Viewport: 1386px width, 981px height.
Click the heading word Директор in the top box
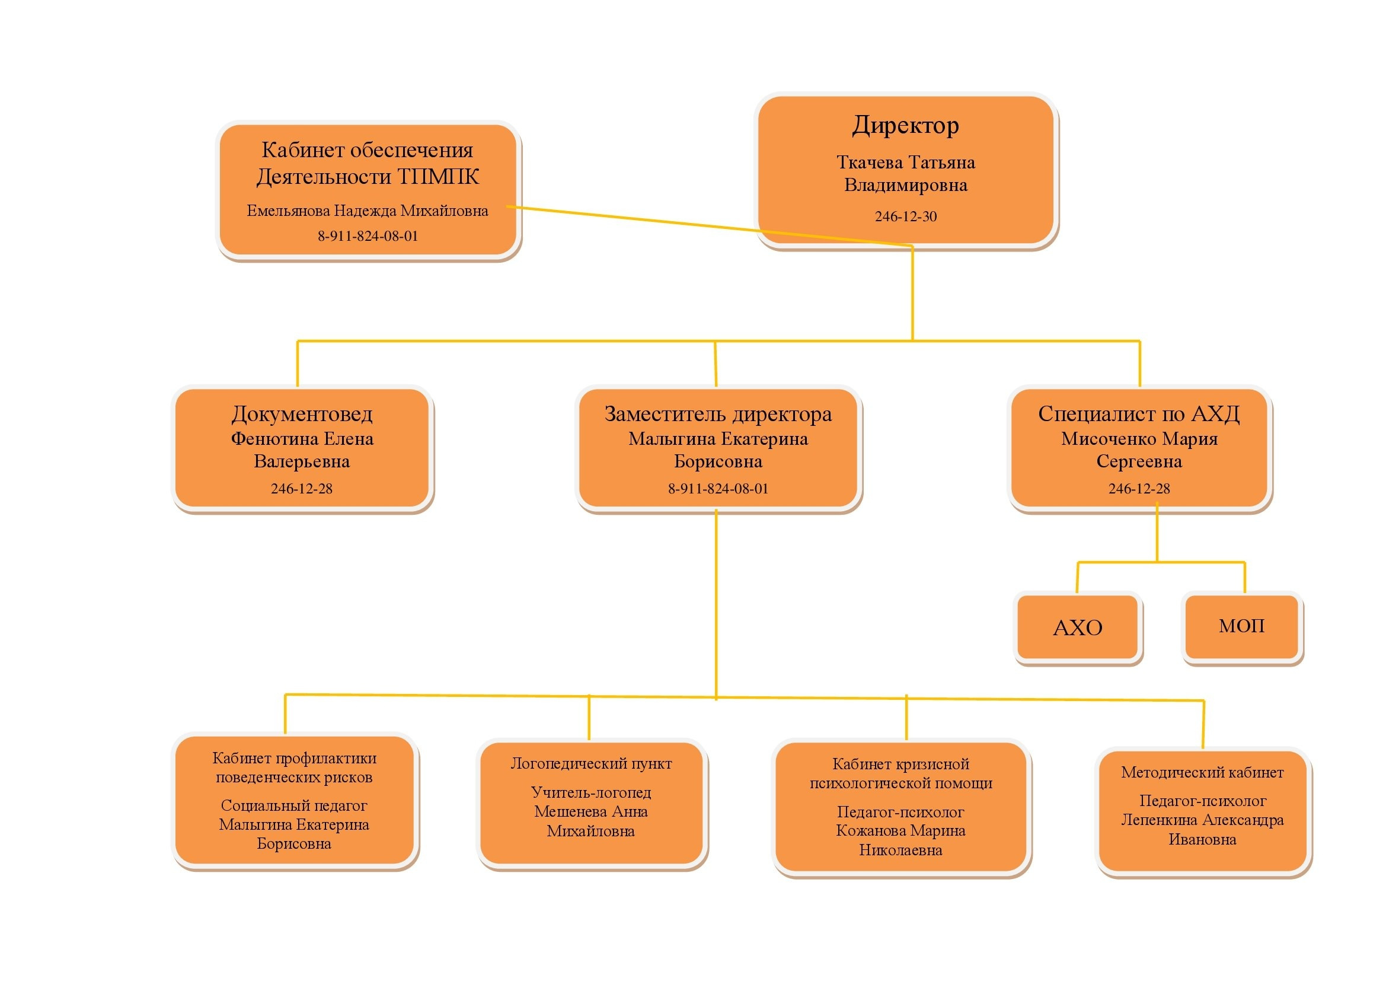(x=905, y=126)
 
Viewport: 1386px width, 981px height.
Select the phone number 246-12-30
(x=905, y=216)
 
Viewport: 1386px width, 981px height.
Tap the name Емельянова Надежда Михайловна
(x=367, y=211)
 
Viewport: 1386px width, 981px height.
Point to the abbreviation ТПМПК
(x=437, y=177)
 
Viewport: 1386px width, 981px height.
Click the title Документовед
(x=302, y=415)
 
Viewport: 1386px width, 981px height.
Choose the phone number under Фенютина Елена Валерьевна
(x=301, y=489)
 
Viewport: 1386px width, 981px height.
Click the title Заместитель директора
(x=718, y=415)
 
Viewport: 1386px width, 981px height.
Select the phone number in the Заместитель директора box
(x=718, y=489)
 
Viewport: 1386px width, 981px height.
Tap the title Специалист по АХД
(x=1138, y=414)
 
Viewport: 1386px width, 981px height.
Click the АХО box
(x=1077, y=628)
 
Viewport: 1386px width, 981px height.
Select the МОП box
(x=1241, y=626)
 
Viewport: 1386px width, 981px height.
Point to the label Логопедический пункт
(x=591, y=763)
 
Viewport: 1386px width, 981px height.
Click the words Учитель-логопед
(x=591, y=792)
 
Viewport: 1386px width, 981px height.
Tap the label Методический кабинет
(x=1202, y=773)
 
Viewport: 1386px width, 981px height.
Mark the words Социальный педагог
(x=294, y=805)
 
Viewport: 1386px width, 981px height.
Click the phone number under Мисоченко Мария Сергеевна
(x=1138, y=489)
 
